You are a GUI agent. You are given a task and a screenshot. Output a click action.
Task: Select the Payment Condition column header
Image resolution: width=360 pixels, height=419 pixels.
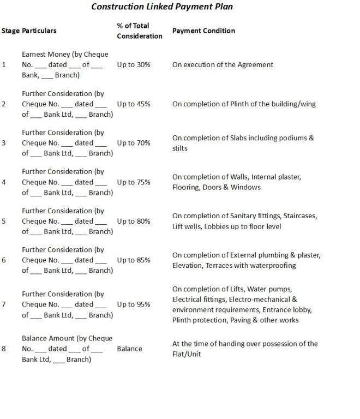pyautogui.click(x=203, y=31)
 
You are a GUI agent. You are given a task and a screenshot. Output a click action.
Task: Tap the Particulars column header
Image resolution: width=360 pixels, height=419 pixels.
pyautogui.click(x=39, y=31)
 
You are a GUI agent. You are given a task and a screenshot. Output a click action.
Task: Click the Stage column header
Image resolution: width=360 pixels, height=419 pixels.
pyautogui.click(x=10, y=31)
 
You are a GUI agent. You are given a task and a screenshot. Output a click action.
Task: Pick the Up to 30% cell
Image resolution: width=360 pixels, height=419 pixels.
pyautogui.click(x=134, y=64)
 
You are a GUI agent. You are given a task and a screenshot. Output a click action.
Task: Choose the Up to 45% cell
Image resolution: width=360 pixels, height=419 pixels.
pyautogui.click(x=134, y=104)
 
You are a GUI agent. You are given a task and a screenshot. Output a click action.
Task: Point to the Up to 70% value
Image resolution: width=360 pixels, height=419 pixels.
pyautogui.click(x=134, y=143)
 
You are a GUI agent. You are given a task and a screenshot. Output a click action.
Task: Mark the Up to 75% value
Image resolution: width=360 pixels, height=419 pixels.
pyautogui.click(x=134, y=182)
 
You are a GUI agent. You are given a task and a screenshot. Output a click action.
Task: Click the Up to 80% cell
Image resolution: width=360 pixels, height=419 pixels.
pyautogui.click(x=134, y=222)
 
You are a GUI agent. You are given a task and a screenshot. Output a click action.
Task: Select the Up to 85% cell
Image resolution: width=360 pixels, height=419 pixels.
pyautogui.click(x=134, y=260)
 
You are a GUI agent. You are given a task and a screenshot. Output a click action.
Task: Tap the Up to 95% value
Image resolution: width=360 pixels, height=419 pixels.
pyautogui.click(x=134, y=304)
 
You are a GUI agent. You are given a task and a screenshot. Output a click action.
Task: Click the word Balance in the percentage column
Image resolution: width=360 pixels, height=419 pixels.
pyautogui.click(x=129, y=349)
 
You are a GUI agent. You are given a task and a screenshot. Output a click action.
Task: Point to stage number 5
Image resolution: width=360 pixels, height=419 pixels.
pyautogui.click(x=4, y=222)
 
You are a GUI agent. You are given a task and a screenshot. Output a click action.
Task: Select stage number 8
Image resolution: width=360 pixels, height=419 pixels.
pyautogui.click(x=4, y=349)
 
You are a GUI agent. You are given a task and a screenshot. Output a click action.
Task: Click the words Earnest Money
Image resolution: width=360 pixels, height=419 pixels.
pyautogui.click(x=45, y=55)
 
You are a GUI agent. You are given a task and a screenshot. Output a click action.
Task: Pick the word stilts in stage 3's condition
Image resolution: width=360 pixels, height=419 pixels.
pyautogui.click(x=180, y=148)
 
